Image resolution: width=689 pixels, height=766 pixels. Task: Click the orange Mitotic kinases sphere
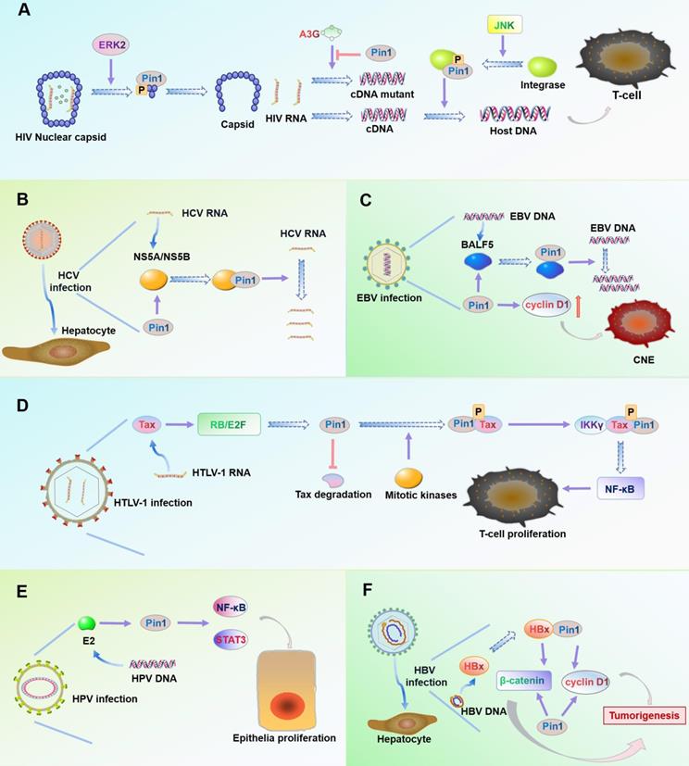click(x=408, y=479)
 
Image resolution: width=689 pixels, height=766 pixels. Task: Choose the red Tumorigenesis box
click(x=643, y=714)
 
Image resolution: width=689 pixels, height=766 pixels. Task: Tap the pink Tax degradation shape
click(x=334, y=479)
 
